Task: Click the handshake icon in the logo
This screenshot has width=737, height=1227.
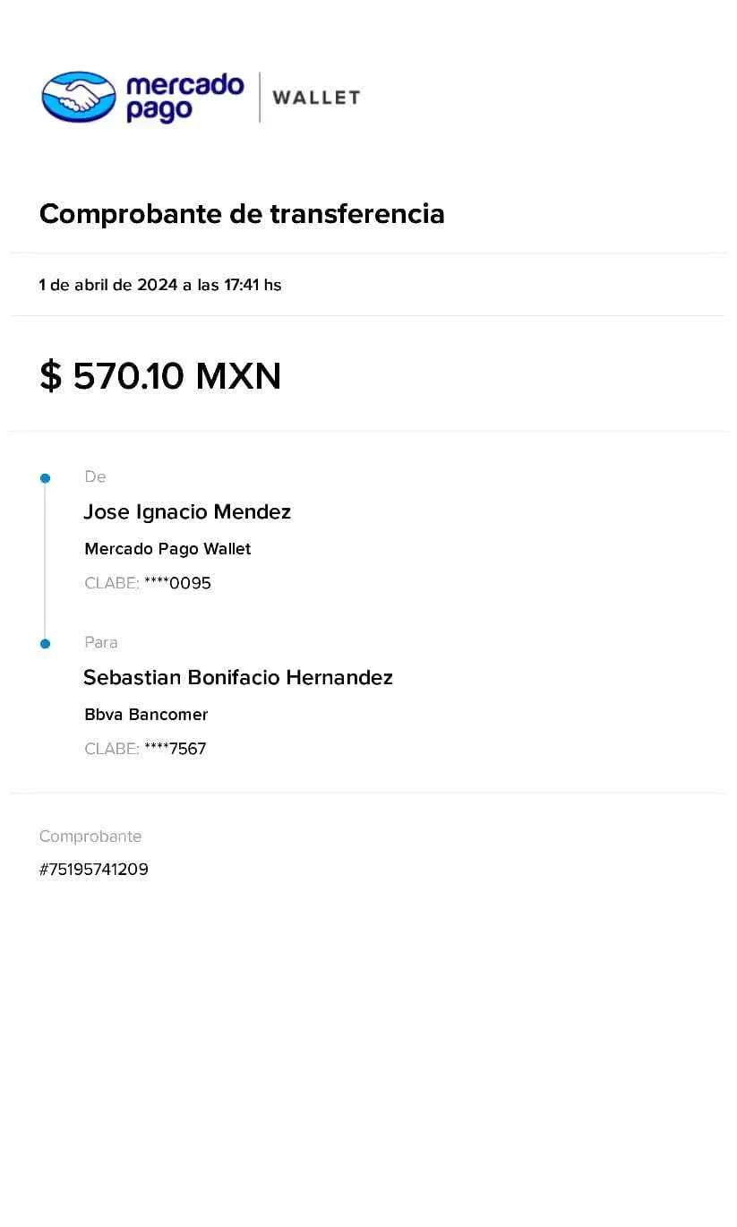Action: click(79, 97)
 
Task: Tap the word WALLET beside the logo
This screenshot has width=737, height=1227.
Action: click(316, 98)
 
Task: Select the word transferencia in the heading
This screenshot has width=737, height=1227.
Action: click(357, 215)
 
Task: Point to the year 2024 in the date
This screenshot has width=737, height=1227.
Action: click(157, 286)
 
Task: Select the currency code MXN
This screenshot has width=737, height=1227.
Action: click(237, 377)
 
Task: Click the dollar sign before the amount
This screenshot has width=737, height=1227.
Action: click(51, 377)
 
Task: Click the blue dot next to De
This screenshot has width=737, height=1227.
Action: click(45, 478)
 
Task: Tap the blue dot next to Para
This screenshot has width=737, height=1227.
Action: click(45, 644)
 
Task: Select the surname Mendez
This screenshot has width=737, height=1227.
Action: click(253, 512)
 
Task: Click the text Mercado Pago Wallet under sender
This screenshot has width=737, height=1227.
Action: click(167, 549)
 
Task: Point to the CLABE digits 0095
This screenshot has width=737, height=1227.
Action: click(191, 584)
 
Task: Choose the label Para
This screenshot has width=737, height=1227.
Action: click(101, 643)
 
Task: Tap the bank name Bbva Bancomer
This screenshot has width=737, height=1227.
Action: click(146, 715)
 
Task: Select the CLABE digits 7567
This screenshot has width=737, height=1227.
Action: click(188, 749)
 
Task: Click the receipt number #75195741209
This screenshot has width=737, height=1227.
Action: click(93, 870)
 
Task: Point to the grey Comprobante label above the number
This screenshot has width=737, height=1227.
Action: click(90, 837)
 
